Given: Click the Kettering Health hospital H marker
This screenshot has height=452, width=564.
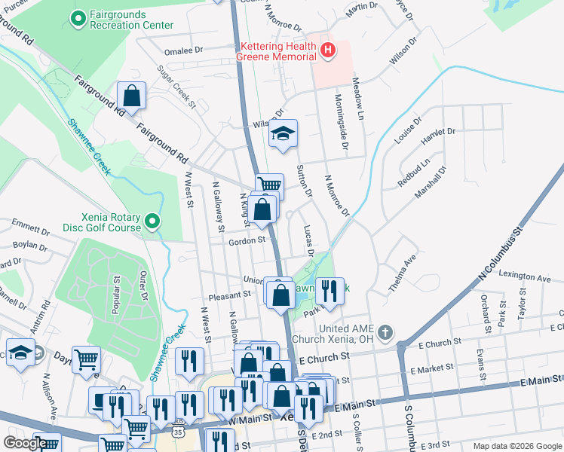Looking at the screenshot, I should click(328, 51).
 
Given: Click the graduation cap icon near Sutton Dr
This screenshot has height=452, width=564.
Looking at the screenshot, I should click(284, 135).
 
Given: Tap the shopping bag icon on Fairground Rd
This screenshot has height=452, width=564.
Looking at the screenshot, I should click(131, 96).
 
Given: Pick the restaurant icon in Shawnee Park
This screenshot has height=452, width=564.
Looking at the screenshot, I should click(328, 290).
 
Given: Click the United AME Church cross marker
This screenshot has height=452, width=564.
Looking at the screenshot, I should click(385, 332).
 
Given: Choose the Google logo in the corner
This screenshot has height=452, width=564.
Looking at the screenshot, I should click(25, 443).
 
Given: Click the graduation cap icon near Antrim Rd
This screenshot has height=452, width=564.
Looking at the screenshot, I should click(20, 353).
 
